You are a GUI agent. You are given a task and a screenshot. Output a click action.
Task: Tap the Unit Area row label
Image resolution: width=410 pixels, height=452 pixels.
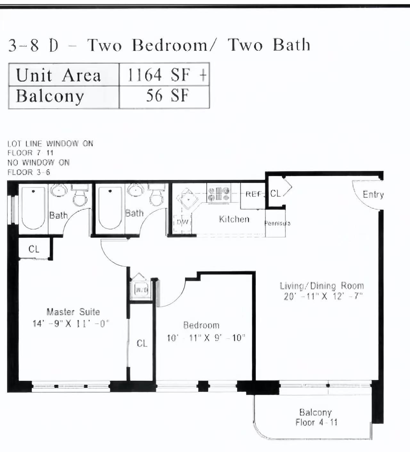click(x=59, y=75)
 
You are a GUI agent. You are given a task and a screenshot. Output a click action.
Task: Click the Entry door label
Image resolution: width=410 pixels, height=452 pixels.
click(x=373, y=194)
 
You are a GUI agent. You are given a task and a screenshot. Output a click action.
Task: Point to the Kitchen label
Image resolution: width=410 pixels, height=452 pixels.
click(x=234, y=219)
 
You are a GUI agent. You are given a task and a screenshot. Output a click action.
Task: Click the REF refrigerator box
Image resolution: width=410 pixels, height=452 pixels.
click(x=253, y=194)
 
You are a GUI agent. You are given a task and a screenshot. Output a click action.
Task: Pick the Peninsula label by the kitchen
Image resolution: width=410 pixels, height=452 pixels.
click(x=277, y=223)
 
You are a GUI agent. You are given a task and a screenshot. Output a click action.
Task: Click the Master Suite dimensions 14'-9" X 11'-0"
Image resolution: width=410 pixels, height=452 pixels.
click(x=71, y=324)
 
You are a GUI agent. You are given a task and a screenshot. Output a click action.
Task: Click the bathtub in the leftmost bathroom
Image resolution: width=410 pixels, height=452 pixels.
click(x=33, y=208)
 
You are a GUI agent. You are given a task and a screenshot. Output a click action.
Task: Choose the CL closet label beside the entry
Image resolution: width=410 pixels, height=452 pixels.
click(x=275, y=194)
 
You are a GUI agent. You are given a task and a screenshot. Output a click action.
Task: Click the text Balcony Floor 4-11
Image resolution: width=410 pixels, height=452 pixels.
click(x=316, y=417)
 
